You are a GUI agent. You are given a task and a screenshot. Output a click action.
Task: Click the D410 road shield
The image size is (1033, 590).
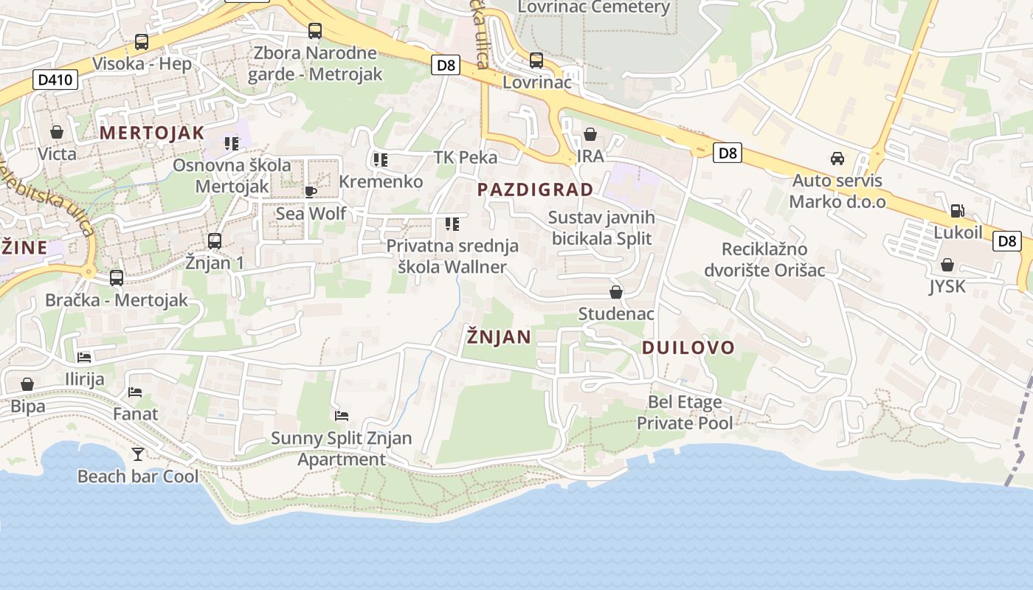(56, 79)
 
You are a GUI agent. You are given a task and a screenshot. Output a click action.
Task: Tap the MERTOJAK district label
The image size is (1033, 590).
(151, 133)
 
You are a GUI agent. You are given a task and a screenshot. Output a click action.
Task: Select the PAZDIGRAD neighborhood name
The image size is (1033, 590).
(535, 190)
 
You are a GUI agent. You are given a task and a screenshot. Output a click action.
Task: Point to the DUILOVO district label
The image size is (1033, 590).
(688, 347)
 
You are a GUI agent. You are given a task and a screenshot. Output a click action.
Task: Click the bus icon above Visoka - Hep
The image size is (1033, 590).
(141, 42)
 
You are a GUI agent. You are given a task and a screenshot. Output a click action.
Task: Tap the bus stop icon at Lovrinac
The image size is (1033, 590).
(536, 60)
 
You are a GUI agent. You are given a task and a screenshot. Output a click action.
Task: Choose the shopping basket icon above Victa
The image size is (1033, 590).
(57, 132)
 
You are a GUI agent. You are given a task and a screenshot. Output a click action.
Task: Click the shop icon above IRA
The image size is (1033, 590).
(590, 134)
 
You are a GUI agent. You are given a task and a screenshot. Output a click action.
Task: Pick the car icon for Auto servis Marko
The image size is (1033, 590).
(837, 158)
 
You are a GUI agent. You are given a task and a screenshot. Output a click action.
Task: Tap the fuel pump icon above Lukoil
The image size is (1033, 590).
(957, 210)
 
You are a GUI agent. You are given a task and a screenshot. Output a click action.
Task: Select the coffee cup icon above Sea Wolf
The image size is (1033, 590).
(311, 192)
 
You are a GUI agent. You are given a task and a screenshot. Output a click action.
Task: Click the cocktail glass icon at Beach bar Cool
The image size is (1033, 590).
(138, 454)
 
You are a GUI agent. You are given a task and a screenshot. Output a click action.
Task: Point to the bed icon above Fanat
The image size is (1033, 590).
(135, 392)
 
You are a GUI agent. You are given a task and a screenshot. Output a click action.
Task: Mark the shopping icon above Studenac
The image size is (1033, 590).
(616, 292)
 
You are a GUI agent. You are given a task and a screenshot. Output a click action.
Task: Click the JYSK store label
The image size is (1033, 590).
(947, 286)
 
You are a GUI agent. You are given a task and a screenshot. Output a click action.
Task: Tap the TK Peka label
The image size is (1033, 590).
(465, 157)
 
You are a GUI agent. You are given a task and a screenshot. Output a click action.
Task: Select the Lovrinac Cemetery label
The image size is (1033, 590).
(593, 7)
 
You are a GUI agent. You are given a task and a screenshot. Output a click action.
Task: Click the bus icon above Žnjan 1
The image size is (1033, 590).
(214, 240)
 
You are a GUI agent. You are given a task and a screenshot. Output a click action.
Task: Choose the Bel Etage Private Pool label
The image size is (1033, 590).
(685, 413)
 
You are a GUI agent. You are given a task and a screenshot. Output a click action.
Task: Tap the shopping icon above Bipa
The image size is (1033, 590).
(27, 384)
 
